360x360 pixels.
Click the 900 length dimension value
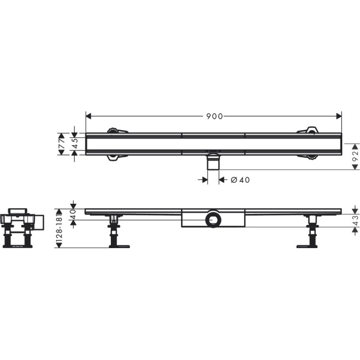(x=215, y=116)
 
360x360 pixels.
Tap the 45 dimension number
(x=74, y=143)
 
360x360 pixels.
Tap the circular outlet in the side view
(x=213, y=220)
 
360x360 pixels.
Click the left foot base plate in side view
(x=119, y=246)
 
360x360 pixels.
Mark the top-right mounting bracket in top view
(x=308, y=130)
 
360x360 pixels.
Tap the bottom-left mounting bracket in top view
(x=118, y=158)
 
